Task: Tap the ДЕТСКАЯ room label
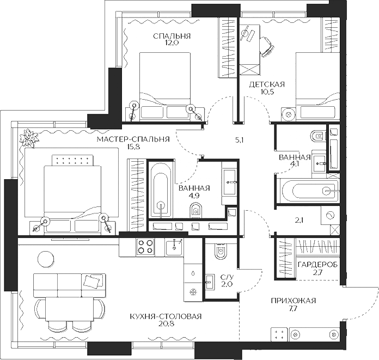point(267,84)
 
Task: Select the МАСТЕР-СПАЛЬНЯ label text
point(133,139)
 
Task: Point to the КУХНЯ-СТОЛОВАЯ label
point(166,316)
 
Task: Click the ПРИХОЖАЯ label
point(294,301)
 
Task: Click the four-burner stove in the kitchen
point(145,247)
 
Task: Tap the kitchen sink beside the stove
point(174,248)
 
